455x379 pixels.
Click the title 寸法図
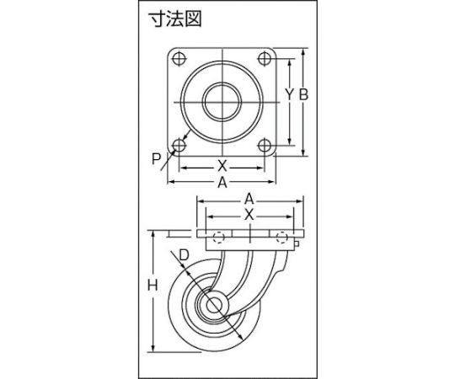point(174,19)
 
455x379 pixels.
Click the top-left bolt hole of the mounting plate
point(179,59)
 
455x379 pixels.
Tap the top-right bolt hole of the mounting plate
point(265,59)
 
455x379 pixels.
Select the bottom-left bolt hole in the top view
point(179,145)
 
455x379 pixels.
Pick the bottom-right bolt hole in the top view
point(265,145)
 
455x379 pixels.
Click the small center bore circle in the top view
point(222,102)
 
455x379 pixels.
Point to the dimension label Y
point(289,94)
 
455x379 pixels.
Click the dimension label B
point(303,94)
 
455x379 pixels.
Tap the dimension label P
point(156,159)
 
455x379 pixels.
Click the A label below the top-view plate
point(222,183)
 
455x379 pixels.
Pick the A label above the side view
point(249,200)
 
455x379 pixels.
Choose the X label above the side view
point(249,216)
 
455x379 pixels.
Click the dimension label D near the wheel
point(184,255)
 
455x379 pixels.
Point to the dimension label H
point(153,286)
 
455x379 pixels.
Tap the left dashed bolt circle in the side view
point(218,238)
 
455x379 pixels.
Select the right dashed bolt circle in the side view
point(281,238)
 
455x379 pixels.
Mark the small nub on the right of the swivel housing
point(297,243)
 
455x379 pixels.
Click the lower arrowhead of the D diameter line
point(240,336)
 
